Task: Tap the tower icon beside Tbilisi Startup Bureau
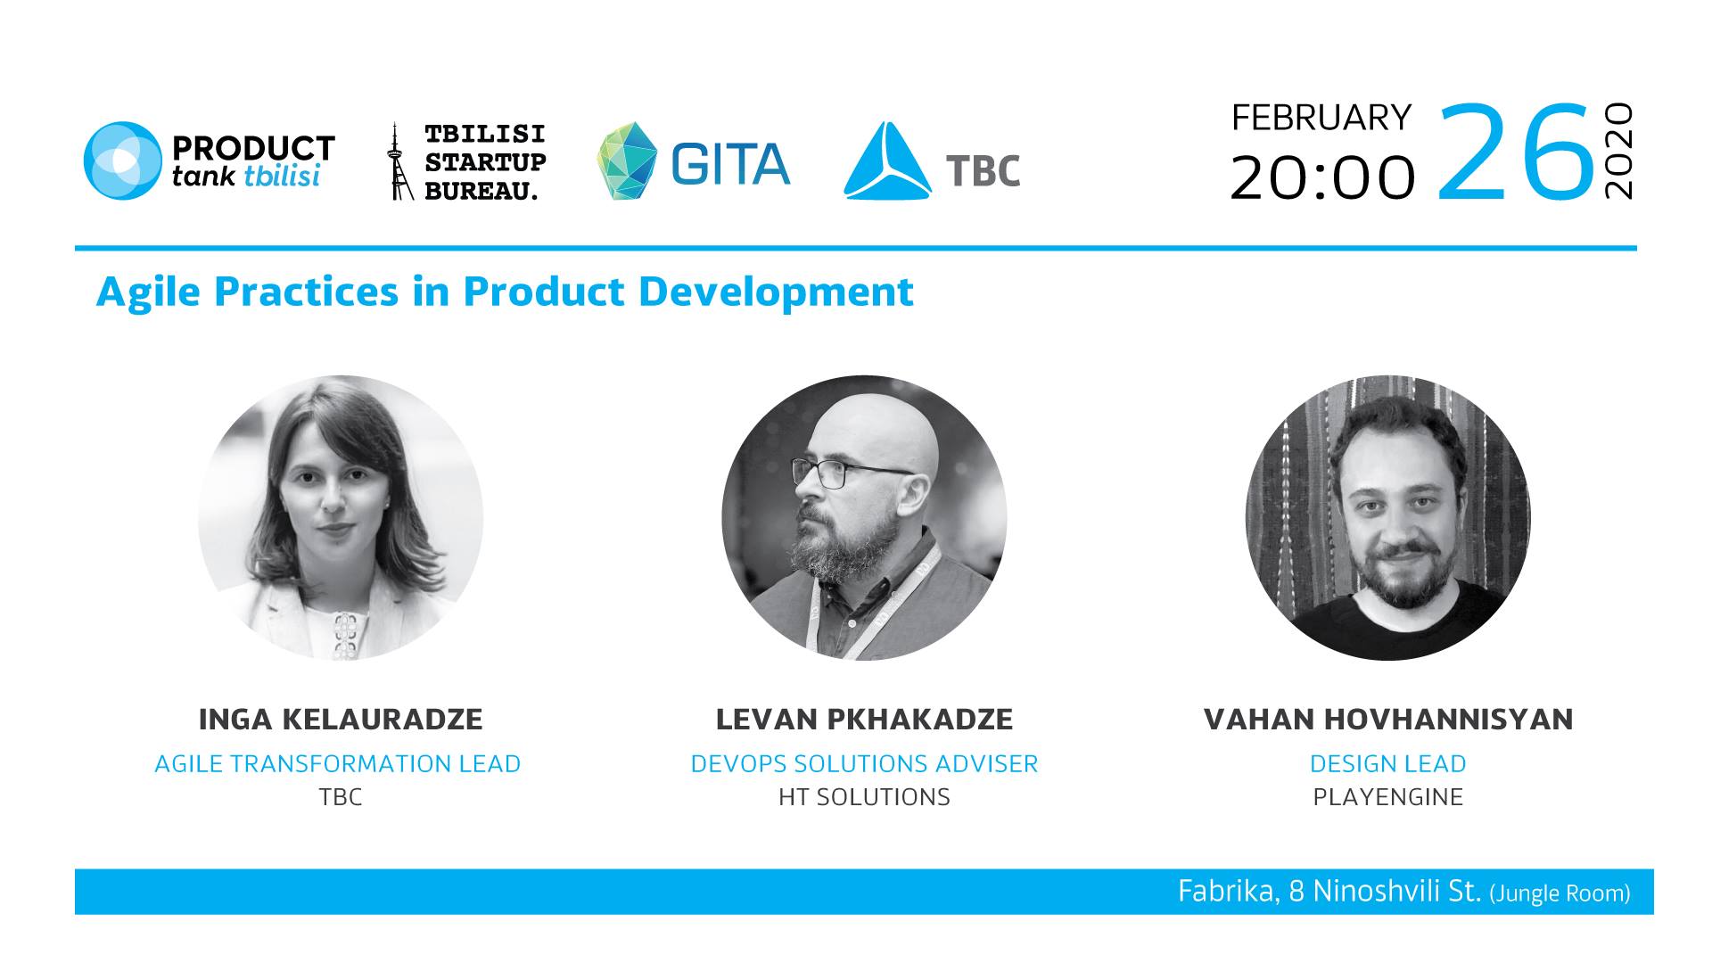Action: click(x=396, y=161)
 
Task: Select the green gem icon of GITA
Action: click(x=627, y=160)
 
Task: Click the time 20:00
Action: click(x=1322, y=177)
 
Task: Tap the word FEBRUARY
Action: click(x=1321, y=118)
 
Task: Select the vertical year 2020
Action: click(x=1617, y=151)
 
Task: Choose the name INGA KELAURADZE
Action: click(x=341, y=719)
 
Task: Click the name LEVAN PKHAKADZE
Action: click(x=864, y=719)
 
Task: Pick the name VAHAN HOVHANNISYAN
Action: click(x=1388, y=719)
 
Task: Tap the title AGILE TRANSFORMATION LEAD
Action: click(x=338, y=764)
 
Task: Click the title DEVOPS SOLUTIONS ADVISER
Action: click(x=865, y=764)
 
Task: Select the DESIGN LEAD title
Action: click(x=1388, y=764)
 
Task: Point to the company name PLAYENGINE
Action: click(x=1388, y=797)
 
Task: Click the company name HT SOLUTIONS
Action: click(x=865, y=797)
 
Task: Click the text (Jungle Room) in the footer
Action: click(x=1560, y=893)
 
